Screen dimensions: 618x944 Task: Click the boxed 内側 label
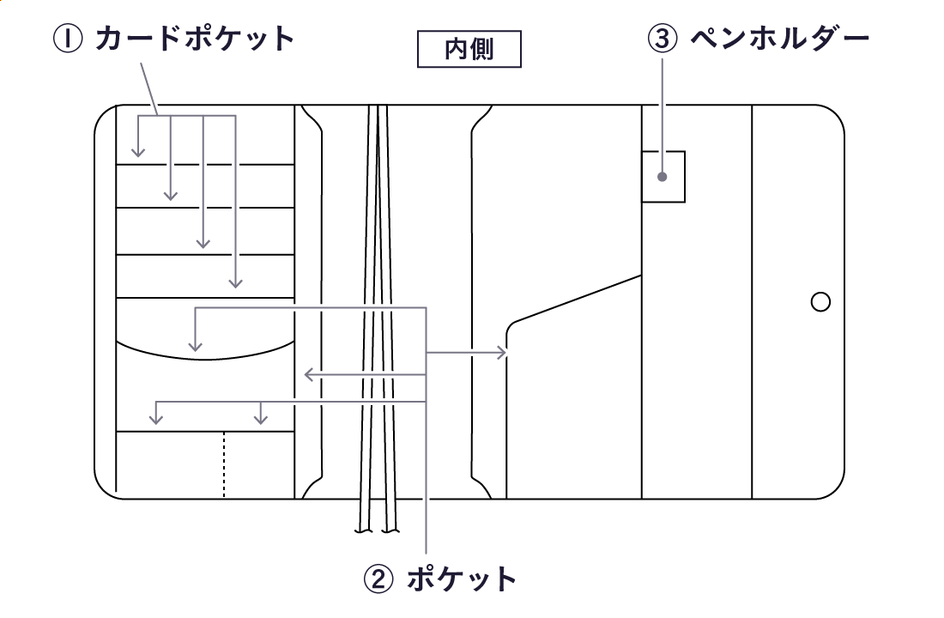[469, 49]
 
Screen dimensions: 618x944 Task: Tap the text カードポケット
[195, 39]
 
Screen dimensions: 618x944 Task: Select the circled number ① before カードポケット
[70, 39]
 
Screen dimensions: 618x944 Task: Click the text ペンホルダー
[780, 39]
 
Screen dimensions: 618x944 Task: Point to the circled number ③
[663, 39]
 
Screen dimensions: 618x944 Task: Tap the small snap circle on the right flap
[820, 302]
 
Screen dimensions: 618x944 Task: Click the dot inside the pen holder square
[663, 178]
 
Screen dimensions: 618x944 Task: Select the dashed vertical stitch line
[224, 464]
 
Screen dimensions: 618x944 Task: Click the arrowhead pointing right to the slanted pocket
[502, 353]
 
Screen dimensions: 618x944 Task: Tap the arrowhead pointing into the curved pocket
[196, 347]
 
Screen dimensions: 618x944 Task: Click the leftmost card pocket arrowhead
[137, 154]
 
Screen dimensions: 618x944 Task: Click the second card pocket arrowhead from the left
[171, 196]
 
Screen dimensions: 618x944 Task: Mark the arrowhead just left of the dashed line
[261, 420]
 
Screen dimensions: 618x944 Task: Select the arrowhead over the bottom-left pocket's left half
[155, 420]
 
